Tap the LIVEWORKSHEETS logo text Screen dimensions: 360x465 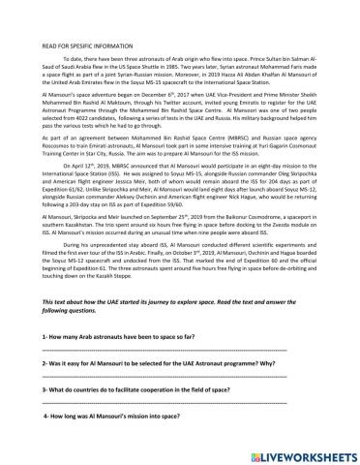(308, 453)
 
